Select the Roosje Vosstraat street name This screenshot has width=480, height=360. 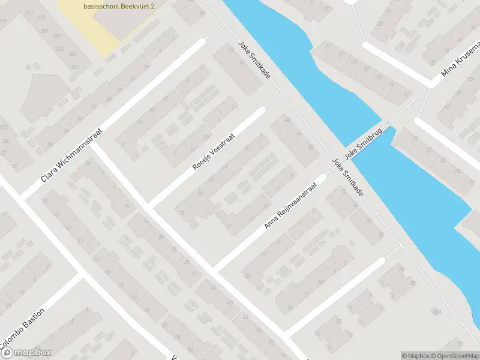[x=213, y=151]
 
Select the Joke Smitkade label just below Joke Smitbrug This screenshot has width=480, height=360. [x=347, y=176]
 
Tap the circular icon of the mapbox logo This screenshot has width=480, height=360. [x=7, y=353]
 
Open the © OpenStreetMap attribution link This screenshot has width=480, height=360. [x=455, y=356]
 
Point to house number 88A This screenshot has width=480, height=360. [x=436, y=311]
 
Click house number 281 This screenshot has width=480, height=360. [x=75, y=67]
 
